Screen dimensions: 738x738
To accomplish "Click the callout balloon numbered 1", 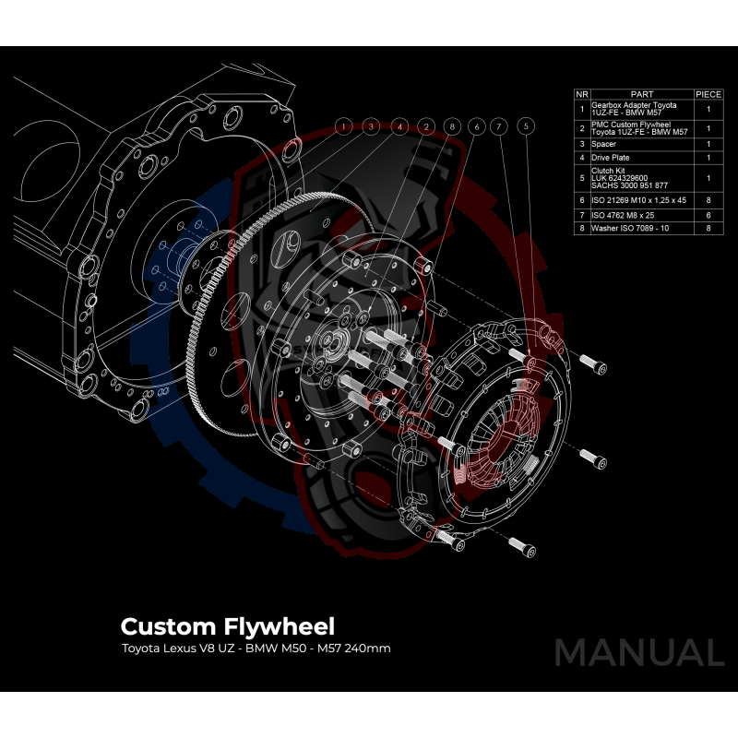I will click(343, 125).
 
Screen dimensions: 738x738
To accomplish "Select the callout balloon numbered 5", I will click(526, 125).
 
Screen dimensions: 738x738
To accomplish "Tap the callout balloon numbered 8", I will click(451, 125).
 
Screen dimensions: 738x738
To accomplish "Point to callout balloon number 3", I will click(370, 125).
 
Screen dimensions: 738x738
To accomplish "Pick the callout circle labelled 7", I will click(499, 125).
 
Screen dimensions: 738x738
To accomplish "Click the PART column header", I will click(641, 94).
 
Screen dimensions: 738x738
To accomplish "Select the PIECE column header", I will click(708, 94).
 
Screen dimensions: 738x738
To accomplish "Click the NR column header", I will click(581, 94).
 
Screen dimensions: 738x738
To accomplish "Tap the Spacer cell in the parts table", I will click(641, 144).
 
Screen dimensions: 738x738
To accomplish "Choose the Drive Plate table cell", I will click(641, 158).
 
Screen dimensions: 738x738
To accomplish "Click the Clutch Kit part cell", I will click(641, 178).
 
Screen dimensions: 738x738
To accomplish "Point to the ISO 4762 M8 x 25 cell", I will click(641, 212).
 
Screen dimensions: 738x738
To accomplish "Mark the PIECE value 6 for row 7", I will click(708, 212).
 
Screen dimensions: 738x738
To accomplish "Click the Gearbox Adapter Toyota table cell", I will click(641, 108).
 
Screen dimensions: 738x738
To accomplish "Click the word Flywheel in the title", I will click(282, 627).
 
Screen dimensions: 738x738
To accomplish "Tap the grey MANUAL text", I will click(638, 652).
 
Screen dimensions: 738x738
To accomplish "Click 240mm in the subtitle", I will click(368, 649).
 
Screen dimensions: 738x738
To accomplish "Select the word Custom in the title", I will click(169, 627).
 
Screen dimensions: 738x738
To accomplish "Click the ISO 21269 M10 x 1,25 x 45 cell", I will click(641, 198).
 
